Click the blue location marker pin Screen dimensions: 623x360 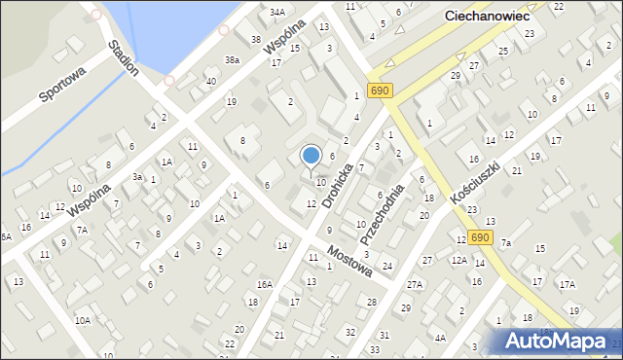tap(311, 156)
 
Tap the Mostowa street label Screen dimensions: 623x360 tap(350, 260)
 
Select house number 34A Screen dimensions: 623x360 tap(277, 13)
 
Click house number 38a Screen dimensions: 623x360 tap(232, 59)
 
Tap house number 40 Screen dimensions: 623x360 tap(210, 81)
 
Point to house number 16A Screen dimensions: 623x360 tap(264, 284)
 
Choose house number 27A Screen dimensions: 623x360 tap(415, 284)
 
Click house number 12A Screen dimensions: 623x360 tap(459, 261)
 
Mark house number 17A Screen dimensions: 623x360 tap(567, 284)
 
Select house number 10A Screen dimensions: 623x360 tap(83, 320)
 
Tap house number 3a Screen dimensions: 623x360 tap(137, 177)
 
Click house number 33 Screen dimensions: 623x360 tap(375, 349)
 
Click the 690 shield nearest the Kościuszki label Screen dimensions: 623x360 tap(479, 237)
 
